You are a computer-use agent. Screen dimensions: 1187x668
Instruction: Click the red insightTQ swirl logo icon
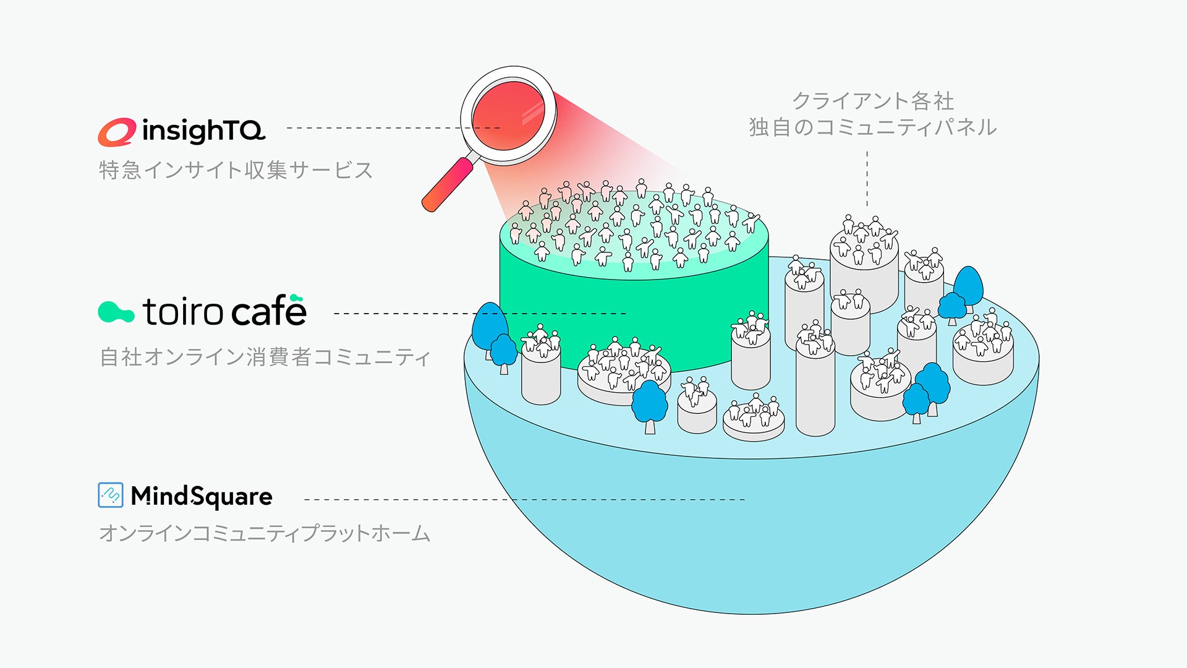(x=116, y=132)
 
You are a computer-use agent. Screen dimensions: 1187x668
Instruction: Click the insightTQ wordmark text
(x=203, y=131)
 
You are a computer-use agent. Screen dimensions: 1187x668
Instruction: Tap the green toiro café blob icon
(x=116, y=312)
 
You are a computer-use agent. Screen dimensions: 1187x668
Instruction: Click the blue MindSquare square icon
(x=111, y=495)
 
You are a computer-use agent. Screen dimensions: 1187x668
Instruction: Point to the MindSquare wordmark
(x=202, y=496)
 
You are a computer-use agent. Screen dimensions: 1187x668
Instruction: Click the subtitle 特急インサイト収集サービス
(x=236, y=170)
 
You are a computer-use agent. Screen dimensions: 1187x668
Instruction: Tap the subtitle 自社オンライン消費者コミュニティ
(x=265, y=357)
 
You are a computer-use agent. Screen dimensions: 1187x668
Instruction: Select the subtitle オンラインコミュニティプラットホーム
(x=265, y=533)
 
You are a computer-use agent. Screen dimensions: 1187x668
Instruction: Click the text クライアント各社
(x=873, y=101)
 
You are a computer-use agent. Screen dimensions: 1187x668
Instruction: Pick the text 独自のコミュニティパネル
(x=873, y=127)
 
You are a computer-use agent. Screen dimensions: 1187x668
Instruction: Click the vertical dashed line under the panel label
(x=867, y=179)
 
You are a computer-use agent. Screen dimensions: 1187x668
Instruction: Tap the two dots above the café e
(x=296, y=298)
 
